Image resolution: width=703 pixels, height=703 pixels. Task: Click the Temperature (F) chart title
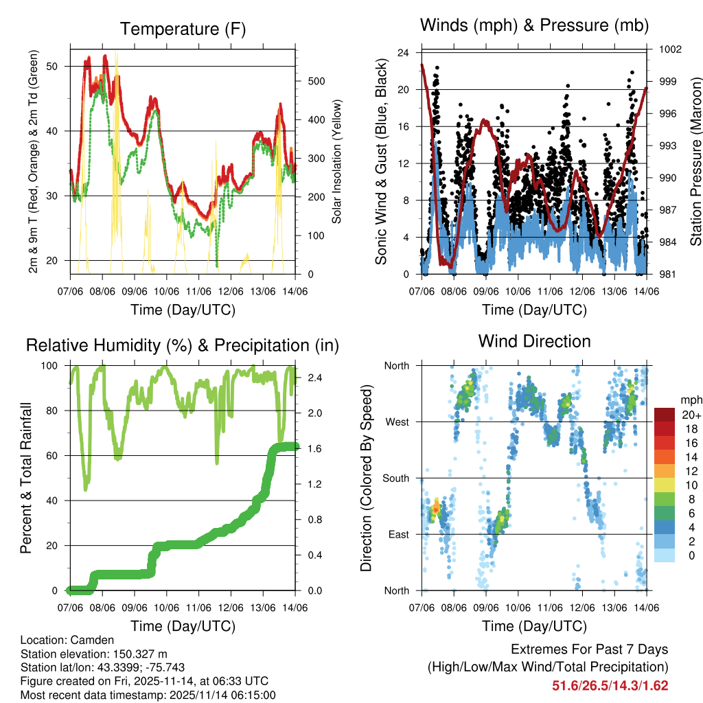click(x=183, y=29)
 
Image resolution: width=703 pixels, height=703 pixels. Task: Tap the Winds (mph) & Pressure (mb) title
click(x=534, y=26)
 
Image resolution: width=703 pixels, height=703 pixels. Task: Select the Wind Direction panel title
click(x=534, y=341)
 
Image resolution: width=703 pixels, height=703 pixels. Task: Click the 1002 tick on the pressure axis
click(x=669, y=49)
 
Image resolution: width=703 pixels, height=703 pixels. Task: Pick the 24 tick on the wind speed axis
click(x=404, y=53)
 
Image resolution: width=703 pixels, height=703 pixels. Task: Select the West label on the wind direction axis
click(x=396, y=422)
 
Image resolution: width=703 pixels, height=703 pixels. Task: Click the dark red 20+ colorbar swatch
click(x=667, y=415)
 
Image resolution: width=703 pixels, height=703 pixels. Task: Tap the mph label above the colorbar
click(x=691, y=400)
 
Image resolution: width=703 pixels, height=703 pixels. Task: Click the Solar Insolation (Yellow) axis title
click(x=336, y=162)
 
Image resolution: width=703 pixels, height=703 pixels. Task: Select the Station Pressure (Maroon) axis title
click(x=695, y=162)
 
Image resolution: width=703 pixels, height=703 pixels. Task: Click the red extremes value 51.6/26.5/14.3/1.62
click(x=610, y=685)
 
